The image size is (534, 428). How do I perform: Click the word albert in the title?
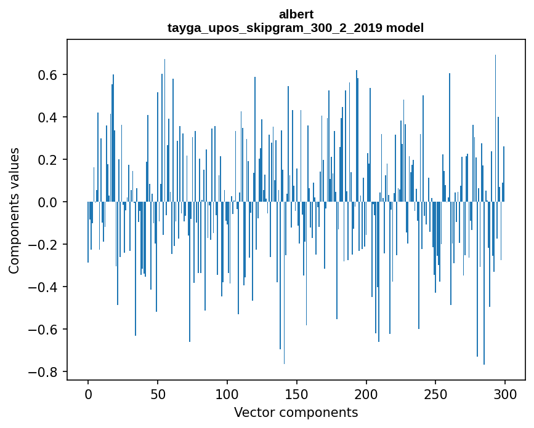(296, 14)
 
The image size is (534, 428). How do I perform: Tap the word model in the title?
(405, 28)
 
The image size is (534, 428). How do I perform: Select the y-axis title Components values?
(14, 210)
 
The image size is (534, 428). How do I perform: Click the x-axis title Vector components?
(296, 412)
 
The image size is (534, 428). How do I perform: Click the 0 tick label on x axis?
(88, 394)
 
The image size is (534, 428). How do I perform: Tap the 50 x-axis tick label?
(158, 394)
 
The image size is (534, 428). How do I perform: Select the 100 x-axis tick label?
(227, 394)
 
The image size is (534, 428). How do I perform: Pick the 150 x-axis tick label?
(297, 394)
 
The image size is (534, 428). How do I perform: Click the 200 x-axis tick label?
(366, 394)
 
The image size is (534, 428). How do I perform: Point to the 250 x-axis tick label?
(435, 394)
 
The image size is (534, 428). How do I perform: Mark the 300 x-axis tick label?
(505, 394)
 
